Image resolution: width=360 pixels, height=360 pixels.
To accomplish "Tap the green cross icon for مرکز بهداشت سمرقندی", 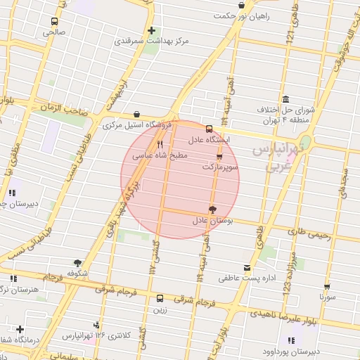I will (152, 30).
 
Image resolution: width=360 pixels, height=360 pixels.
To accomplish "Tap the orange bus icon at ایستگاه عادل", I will (209, 129).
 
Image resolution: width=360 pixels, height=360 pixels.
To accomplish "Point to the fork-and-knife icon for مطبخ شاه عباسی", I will (160, 144).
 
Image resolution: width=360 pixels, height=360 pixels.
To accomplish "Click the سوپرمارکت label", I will (221, 168).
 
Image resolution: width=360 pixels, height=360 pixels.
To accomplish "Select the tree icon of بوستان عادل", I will (212, 209).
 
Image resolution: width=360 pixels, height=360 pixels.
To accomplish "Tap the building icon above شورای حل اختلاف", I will (285, 99).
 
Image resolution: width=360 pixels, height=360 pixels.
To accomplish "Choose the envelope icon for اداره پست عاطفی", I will (246, 267).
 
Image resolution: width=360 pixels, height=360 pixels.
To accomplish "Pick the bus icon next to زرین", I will (160, 297).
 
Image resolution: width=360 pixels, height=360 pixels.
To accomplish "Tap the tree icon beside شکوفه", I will (77, 262).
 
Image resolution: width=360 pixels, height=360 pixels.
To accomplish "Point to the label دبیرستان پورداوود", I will (311, 349).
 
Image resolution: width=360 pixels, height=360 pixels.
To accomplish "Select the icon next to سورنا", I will (328, 287).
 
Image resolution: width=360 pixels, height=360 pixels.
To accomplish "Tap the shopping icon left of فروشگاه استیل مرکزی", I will (136, 115).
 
